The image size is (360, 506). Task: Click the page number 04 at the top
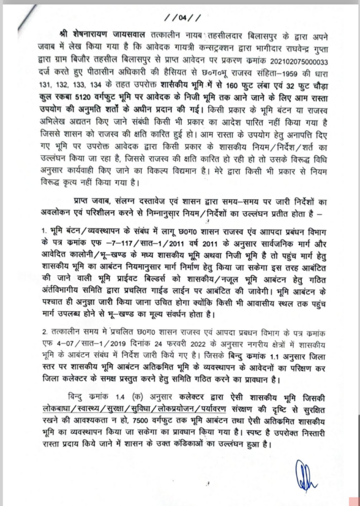pyautogui.click(x=182, y=19)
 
